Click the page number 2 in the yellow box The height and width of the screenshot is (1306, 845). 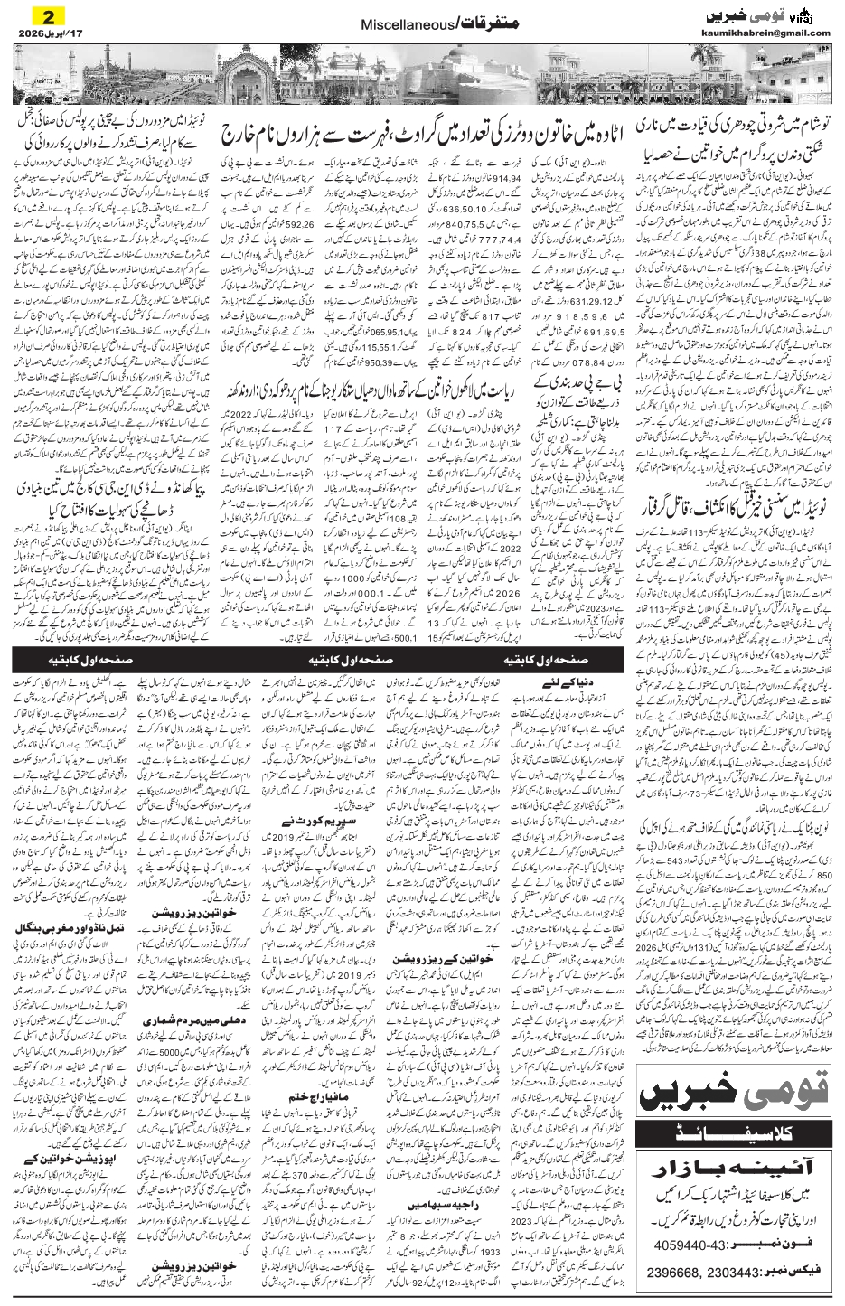tap(47, 15)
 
